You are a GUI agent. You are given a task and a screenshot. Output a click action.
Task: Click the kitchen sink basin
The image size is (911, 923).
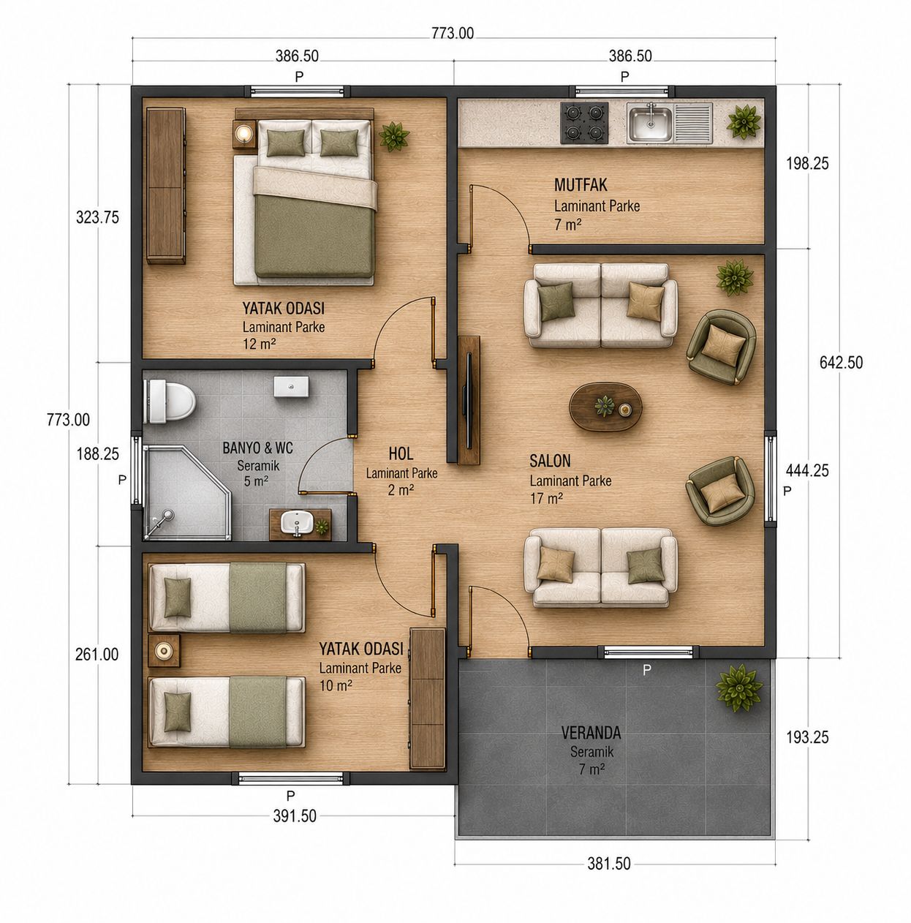point(651,123)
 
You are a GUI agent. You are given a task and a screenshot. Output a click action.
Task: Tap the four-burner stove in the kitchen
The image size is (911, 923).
point(584,123)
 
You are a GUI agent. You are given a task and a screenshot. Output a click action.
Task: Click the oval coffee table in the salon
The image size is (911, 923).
point(606,407)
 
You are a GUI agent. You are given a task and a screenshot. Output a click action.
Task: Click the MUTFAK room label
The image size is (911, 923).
point(581,185)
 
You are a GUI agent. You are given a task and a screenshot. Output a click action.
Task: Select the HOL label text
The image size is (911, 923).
point(401,453)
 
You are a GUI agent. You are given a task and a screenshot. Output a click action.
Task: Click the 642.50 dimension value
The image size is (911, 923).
point(841,363)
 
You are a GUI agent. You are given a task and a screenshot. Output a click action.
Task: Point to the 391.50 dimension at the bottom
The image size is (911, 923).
point(295,816)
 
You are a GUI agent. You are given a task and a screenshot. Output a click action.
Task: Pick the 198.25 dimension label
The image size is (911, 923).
point(807,164)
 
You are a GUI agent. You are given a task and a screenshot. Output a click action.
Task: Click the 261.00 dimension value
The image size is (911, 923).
point(97,655)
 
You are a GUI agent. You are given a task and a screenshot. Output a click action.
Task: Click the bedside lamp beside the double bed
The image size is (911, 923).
point(245,132)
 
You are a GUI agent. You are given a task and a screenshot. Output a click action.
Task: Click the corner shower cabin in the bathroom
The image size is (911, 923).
point(187,492)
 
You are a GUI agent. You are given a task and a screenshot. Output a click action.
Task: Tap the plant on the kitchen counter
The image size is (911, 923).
point(744,123)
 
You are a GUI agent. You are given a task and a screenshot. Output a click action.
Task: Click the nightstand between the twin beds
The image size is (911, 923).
point(165,650)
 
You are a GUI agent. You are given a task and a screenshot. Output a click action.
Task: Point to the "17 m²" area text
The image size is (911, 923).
point(546,499)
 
